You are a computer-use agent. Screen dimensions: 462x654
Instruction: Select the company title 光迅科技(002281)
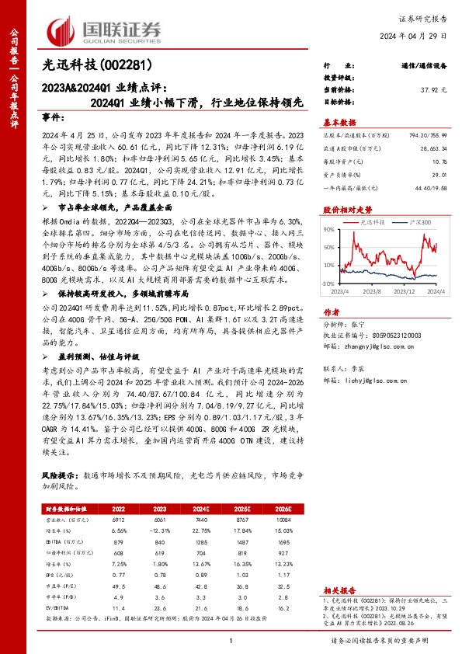(x=96, y=66)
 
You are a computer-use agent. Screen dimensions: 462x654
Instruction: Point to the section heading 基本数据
(x=339, y=123)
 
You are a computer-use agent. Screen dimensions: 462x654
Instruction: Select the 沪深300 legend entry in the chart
(x=419, y=222)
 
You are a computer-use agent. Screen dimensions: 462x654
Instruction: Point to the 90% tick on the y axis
(x=328, y=230)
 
